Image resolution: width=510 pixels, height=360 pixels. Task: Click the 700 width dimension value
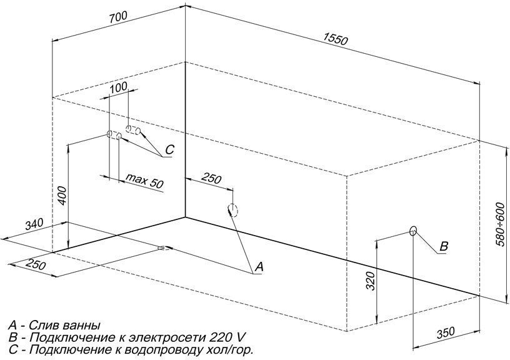coord(118,17)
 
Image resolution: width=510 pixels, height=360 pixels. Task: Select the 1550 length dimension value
coord(336,39)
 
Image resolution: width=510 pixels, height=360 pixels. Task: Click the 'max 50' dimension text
coord(144,181)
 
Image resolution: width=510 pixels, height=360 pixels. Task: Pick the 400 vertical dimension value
coord(62,196)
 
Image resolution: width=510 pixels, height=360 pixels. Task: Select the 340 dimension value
coord(34,224)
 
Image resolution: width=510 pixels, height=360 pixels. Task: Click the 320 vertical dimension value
coord(371,281)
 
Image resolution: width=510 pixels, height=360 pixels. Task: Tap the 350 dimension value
coord(445,332)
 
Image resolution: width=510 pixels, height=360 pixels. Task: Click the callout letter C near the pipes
coord(169,149)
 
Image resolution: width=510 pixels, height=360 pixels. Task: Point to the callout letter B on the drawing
coord(444,246)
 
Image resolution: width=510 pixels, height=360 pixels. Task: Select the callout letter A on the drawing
coord(259,267)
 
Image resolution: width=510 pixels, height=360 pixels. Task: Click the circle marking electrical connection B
coord(413,231)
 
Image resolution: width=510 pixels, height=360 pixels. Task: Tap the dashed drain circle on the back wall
coord(233,210)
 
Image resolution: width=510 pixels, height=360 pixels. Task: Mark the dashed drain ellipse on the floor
coord(164,247)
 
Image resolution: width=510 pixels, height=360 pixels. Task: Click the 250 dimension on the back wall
coord(211,178)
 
